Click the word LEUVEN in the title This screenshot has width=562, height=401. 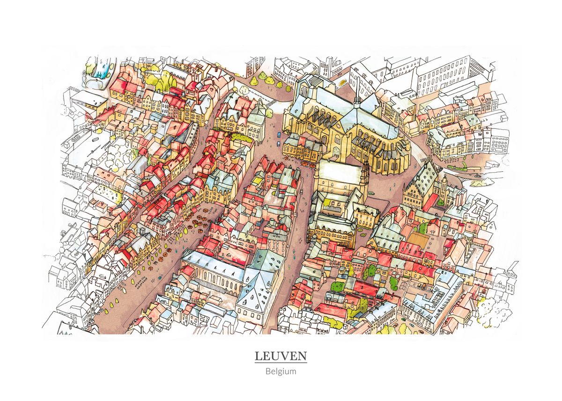(281, 356)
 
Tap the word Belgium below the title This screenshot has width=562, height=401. (281, 372)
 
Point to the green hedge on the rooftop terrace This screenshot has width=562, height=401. (241, 138)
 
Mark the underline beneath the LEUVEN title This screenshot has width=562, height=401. (281, 363)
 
